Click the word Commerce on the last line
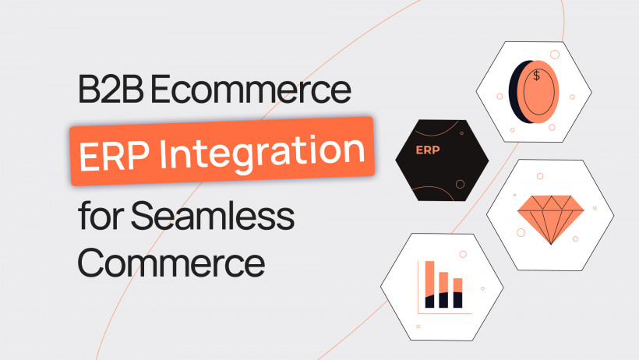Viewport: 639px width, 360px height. pos(171,262)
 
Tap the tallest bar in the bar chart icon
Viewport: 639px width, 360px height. pos(429,284)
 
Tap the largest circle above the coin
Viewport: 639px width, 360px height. pos(554,55)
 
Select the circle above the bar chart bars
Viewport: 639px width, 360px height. pos(464,253)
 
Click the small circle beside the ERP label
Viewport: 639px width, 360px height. pos(460,184)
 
